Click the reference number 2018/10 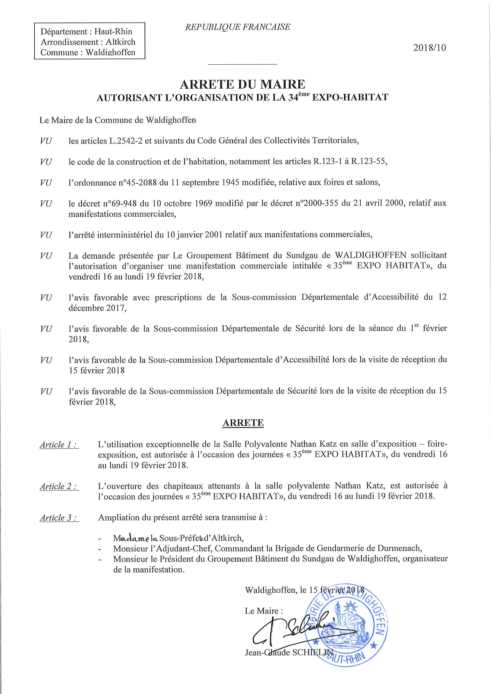point(429,48)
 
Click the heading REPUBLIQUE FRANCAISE point(237,27)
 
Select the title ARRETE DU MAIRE point(242,84)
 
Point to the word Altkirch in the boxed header point(121,42)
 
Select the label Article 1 point(59,445)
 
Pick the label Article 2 point(59,486)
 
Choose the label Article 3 point(59,518)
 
